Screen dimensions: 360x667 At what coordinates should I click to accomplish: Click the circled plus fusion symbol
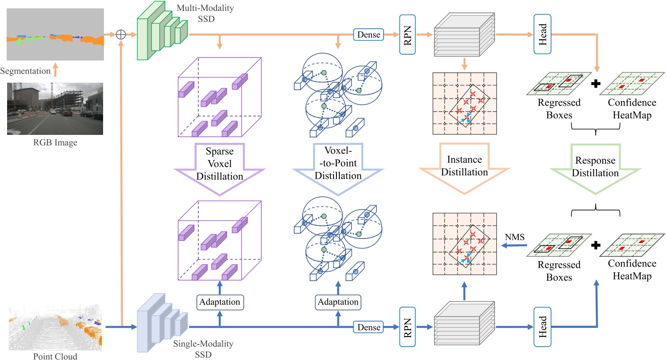tap(121, 34)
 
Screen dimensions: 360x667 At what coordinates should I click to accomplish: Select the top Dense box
tap(369, 35)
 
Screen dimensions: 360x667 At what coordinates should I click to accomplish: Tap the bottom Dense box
tap(369, 327)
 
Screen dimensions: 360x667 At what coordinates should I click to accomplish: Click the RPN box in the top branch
tap(407, 35)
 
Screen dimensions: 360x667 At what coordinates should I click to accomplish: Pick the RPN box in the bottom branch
tap(407, 327)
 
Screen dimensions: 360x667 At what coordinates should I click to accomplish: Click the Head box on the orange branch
tap(542, 34)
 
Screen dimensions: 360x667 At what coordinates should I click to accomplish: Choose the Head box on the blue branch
tap(542, 327)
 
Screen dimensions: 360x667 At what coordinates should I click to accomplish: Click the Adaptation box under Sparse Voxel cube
tap(220, 302)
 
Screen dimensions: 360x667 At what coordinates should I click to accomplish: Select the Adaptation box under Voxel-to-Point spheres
tap(338, 302)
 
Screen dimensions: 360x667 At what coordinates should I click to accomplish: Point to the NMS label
tap(514, 237)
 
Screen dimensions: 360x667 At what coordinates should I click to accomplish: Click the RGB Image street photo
tap(55, 109)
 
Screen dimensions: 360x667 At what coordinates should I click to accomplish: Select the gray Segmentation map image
tap(55, 34)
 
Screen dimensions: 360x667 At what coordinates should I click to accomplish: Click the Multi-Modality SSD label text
tap(205, 13)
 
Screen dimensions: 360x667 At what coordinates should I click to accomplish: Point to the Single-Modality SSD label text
tap(203, 349)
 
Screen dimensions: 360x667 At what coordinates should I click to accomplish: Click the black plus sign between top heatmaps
tap(596, 84)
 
